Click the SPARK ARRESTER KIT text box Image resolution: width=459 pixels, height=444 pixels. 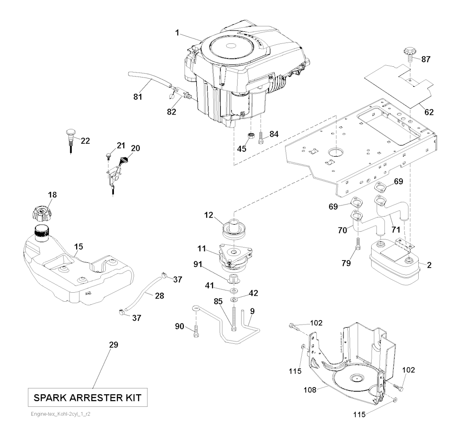tap(88, 397)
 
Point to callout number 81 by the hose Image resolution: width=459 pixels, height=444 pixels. tap(138, 96)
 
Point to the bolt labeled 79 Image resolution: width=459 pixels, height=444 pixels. tap(357, 244)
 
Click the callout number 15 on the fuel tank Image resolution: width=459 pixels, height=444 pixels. tap(78, 246)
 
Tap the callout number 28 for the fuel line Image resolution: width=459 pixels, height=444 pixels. tap(159, 296)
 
